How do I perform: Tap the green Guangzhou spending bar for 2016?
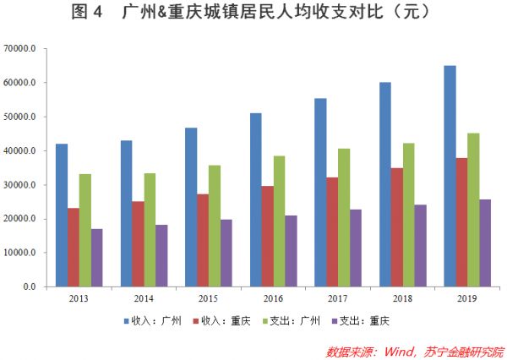point(279,221)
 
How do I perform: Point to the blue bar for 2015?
point(191,207)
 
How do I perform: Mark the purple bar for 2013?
point(96,257)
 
